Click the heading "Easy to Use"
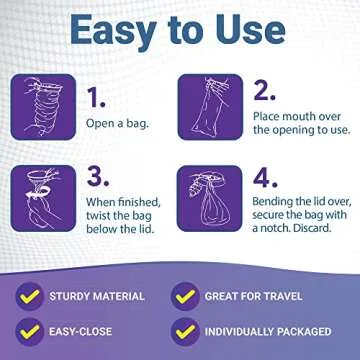point(180,32)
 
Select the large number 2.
point(265,91)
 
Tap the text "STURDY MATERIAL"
point(97,297)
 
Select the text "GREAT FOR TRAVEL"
point(255,297)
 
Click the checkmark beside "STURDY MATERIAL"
point(31,296)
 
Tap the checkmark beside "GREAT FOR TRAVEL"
point(184,296)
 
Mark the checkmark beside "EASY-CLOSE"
point(31,330)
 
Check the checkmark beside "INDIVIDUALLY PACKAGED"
point(184,330)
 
